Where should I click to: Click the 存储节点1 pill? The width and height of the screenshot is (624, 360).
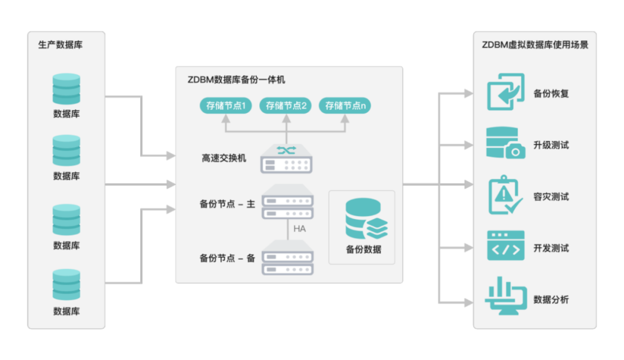pos(226,106)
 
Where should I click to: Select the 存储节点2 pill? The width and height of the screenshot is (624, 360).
pos(286,106)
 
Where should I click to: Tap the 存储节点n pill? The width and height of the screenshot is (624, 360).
pos(345,106)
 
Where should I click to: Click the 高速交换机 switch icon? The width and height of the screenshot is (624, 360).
pos(287,158)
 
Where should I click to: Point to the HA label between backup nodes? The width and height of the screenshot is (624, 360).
pos(299,229)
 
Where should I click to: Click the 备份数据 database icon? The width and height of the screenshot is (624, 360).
pos(366,219)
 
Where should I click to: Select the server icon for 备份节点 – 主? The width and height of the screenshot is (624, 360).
pos(287,202)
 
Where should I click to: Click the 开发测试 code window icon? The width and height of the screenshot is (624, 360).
pos(506,246)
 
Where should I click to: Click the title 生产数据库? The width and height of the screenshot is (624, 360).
pos(61,44)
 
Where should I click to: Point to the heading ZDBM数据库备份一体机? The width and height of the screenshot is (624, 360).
pos(236,79)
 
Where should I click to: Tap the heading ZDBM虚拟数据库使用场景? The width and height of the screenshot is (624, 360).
pos(535,44)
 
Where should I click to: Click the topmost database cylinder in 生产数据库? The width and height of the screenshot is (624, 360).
pos(66,89)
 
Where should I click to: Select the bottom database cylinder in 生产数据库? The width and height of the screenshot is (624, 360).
pos(66,285)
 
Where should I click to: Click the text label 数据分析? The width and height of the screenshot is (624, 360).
pos(551,299)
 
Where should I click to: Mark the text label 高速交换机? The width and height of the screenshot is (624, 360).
pos(224,158)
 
